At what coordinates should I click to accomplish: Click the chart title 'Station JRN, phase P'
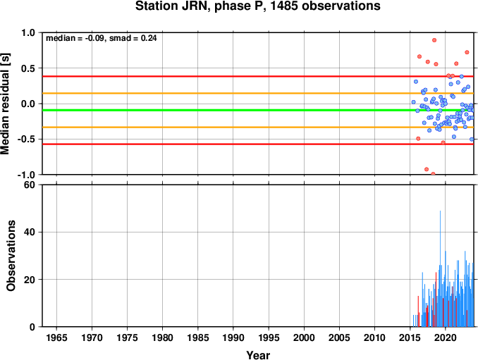tap(199, 6)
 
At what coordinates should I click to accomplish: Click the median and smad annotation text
tap(102, 38)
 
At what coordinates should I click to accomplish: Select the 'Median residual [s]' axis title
tap(5, 104)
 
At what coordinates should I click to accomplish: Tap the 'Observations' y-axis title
tap(11, 256)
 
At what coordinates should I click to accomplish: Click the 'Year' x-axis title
tap(258, 355)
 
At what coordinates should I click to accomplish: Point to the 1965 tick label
tap(56, 337)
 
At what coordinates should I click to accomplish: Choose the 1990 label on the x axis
tap(233, 337)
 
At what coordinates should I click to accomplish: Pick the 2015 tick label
tap(410, 337)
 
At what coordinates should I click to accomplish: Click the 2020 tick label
tap(446, 337)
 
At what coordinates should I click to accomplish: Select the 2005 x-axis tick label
tap(339, 337)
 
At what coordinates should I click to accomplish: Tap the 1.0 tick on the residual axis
tap(28, 32)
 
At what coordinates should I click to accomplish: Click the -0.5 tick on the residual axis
tap(26, 139)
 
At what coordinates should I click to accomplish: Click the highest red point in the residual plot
tap(434, 40)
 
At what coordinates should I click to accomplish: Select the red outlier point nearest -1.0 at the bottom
tap(433, 173)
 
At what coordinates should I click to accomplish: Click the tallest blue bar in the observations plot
tap(440, 268)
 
